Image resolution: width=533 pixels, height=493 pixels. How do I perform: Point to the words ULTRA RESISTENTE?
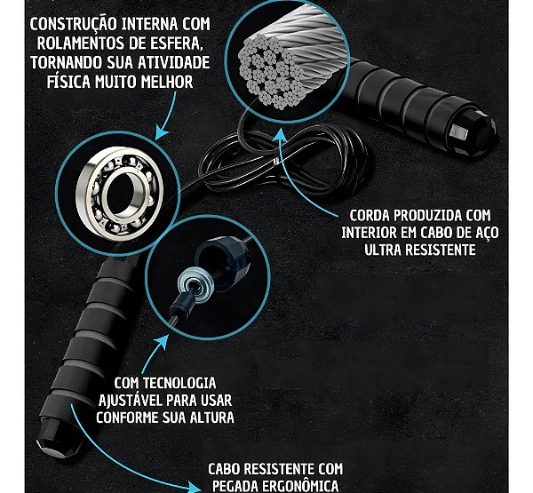(x=421, y=250)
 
